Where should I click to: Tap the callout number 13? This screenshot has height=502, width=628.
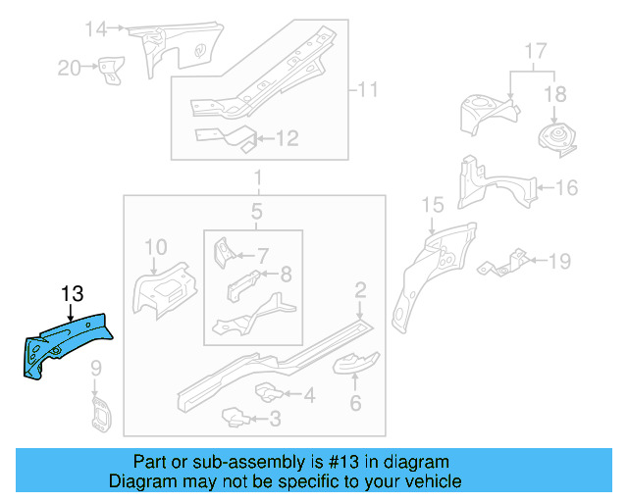coord(73,293)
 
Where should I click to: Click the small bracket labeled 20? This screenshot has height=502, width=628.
coord(110,71)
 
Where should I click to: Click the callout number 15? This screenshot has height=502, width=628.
coord(433,205)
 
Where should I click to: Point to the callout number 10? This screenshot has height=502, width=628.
coord(157,246)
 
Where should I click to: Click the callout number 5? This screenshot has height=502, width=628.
coord(256,212)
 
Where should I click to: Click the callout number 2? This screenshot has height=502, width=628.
coord(360,289)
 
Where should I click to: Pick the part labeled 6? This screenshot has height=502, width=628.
coord(355,366)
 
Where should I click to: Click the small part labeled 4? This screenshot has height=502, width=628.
coord(268,392)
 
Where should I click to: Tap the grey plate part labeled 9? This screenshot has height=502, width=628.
coord(98,411)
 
